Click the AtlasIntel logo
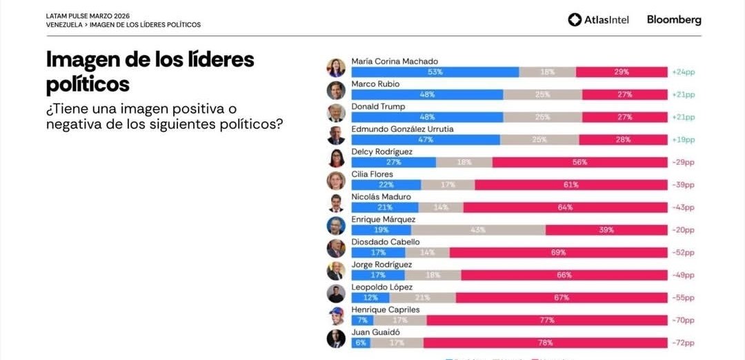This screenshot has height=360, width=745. (x=598, y=20)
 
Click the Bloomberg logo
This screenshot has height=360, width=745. (x=673, y=20)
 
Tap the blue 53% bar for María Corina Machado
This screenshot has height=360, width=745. (x=435, y=72)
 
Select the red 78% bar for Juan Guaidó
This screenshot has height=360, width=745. (x=544, y=343)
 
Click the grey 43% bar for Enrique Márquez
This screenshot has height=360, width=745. (x=478, y=230)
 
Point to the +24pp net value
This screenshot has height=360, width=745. (x=683, y=72)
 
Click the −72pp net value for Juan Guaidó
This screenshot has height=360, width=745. (x=683, y=343)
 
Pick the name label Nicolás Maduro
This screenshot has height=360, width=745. (x=381, y=197)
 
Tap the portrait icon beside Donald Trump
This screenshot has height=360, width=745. (x=336, y=113)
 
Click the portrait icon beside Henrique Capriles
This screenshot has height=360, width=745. (x=336, y=316)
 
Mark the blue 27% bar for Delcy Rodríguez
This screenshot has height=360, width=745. (x=393, y=162)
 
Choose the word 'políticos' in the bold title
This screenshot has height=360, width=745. (x=88, y=84)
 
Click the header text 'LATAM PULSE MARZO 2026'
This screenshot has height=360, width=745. (x=88, y=15)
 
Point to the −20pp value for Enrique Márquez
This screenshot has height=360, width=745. (x=683, y=230)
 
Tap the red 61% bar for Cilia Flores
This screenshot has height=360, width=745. (x=570, y=185)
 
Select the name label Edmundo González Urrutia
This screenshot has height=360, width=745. (x=402, y=129)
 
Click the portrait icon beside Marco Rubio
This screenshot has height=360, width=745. (x=336, y=90)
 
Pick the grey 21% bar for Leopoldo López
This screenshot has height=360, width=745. (x=423, y=297)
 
